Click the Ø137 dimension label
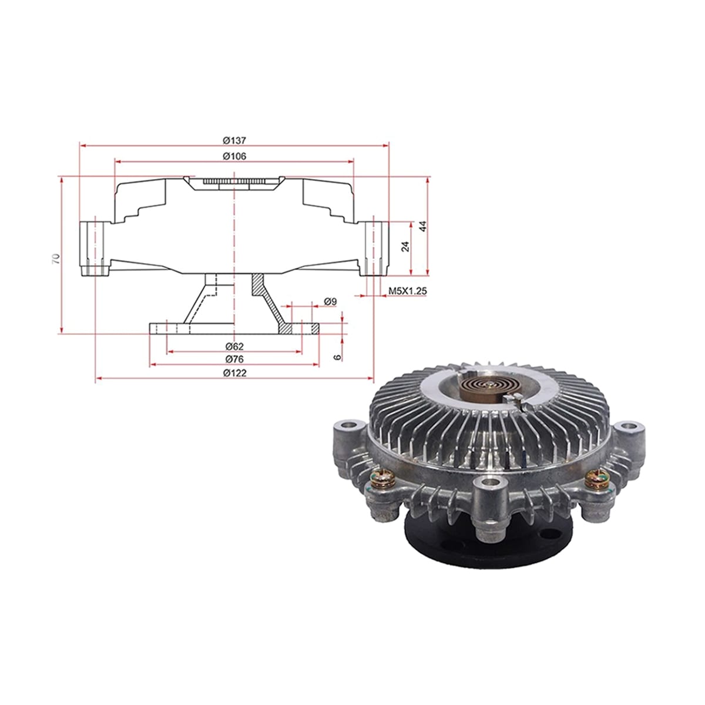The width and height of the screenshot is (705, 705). tap(234, 140)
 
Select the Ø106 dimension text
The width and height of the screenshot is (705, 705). tap(234, 156)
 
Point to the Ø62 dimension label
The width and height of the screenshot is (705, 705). tap(234, 346)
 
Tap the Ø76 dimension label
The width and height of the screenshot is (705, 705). tap(234, 360)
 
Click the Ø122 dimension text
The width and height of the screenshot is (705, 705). tap(234, 373)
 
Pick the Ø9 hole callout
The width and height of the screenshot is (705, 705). tap(330, 301)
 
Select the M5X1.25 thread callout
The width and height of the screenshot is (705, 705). tap(408, 291)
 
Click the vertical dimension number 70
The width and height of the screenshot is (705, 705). tap(56, 258)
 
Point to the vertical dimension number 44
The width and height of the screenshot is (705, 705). tap(423, 226)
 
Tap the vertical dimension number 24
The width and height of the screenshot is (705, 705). tap(405, 247)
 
